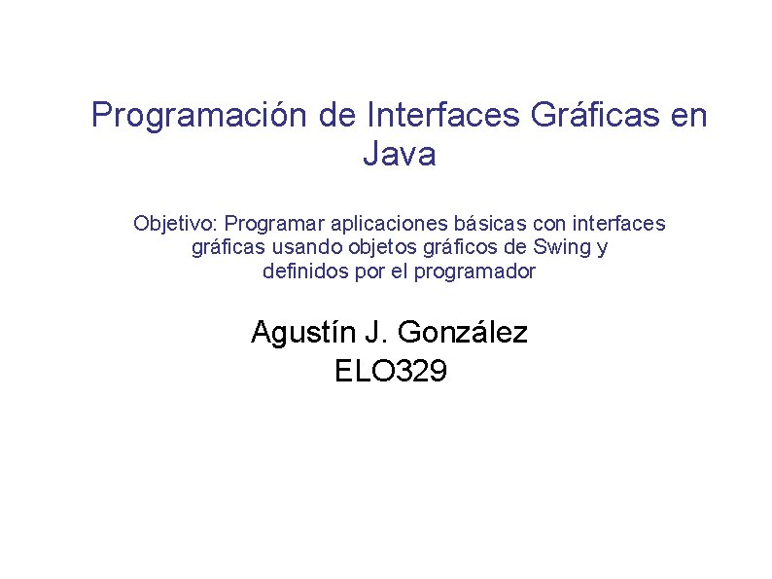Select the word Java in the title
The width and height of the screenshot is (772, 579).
click(399, 154)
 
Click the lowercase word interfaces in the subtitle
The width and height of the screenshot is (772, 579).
click(618, 224)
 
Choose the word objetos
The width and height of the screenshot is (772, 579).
click(354, 248)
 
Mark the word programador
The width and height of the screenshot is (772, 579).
click(474, 271)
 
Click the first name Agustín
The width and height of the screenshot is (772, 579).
click(302, 333)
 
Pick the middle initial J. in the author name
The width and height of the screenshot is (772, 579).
click(375, 333)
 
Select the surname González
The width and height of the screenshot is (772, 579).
click(463, 333)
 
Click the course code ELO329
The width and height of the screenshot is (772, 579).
click(390, 371)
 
